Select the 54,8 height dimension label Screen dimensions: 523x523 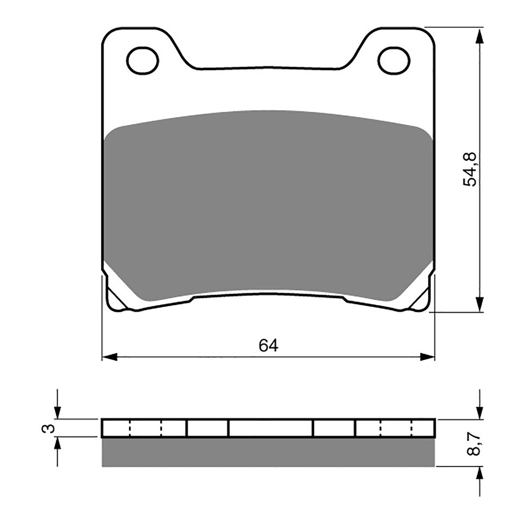(x=470, y=169)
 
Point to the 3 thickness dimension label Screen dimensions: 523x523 (x=50, y=428)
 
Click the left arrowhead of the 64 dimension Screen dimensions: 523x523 (x=109, y=357)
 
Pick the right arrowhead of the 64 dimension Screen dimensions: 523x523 (x=427, y=357)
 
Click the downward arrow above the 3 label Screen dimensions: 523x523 (x=57, y=411)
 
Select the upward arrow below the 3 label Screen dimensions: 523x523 (x=57, y=445)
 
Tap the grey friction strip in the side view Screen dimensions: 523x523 (x=268, y=452)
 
